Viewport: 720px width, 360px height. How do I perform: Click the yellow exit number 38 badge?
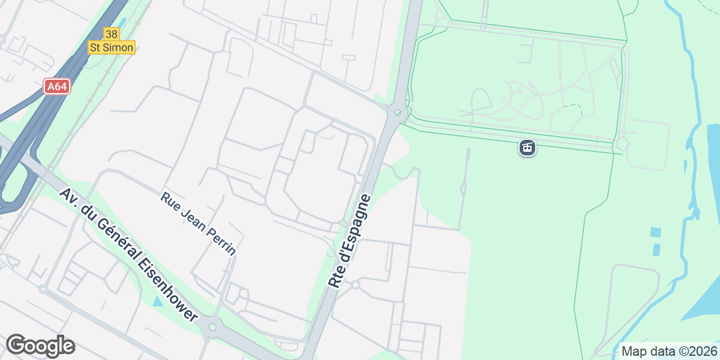111,34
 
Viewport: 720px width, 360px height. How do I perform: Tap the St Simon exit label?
112,47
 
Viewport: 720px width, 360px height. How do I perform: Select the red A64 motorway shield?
57,86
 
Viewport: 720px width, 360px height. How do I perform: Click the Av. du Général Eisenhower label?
128,254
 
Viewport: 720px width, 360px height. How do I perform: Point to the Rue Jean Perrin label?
198,224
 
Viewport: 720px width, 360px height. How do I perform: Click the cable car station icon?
527,147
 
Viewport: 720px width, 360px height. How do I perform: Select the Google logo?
40,346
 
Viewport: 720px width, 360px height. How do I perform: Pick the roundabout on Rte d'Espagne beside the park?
397,113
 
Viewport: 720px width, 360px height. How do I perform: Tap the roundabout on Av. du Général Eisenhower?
211,327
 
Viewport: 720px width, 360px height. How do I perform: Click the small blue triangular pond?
157,301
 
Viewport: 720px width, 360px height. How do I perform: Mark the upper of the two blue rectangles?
655,232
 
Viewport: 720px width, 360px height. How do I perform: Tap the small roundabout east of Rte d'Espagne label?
355,284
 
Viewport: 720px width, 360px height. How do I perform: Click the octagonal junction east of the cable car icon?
622,144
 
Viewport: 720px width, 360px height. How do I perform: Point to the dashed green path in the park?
574,107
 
